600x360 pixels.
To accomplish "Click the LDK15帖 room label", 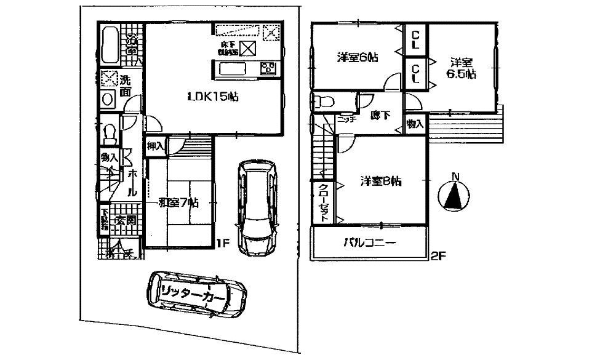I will [x=205, y=96].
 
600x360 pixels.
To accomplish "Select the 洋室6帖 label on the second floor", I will [x=357, y=57].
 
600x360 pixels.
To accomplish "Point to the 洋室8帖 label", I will [x=381, y=182].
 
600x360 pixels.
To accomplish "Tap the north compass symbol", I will [x=455, y=194].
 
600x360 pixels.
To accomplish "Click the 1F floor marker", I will [x=223, y=242].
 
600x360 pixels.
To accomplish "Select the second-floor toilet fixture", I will [x=322, y=102].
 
